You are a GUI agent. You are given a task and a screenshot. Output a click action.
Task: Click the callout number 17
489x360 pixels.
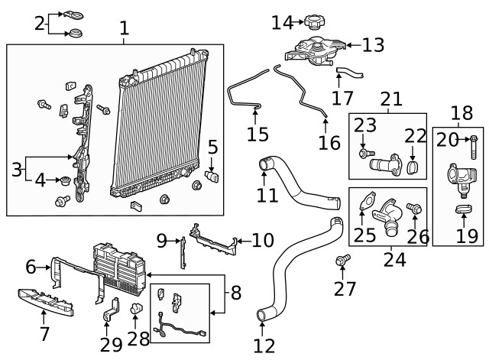[x=342, y=98]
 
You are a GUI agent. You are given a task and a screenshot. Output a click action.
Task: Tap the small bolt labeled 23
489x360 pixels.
[x=362, y=153]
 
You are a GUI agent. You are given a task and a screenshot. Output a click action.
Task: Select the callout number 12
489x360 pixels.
[x=264, y=345]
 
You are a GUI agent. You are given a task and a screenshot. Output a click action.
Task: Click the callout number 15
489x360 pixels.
[x=257, y=135]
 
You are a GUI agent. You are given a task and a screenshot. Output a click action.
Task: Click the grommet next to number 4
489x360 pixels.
[x=64, y=182]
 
